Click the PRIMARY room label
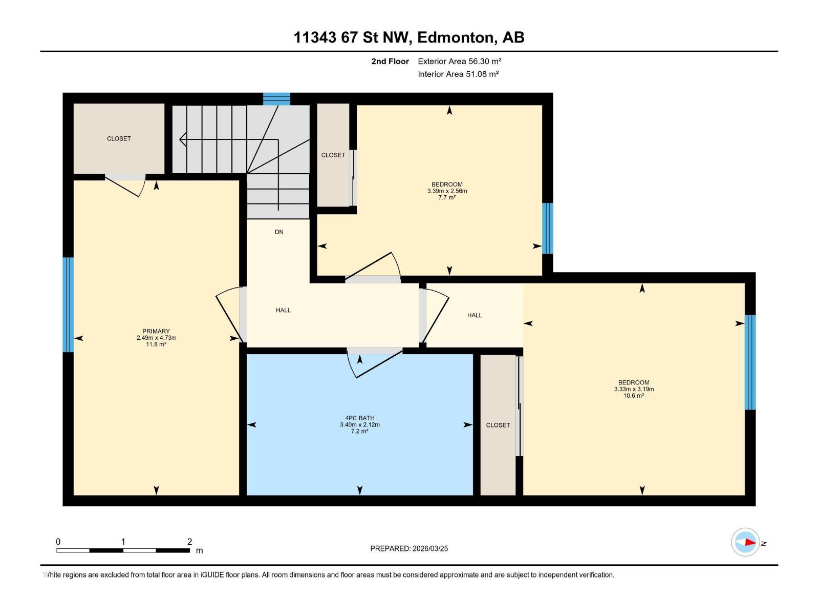pos(156,331)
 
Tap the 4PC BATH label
pos(360,418)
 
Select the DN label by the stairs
pos(279,232)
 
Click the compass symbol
pos(745,542)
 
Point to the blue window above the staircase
pos(276,99)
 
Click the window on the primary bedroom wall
pos(68,305)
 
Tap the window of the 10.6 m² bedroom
pos(750,362)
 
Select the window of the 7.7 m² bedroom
pos(547,229)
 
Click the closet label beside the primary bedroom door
pos(119,138)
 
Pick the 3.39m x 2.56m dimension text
pos(447,191)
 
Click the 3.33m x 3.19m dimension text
pos(634,389)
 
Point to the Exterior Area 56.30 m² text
pos(459,61)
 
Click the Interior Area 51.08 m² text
pos(458,74)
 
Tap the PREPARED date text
pos(409,548)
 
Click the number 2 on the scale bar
pos(189,541)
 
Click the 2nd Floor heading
pos(390,61)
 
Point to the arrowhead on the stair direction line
pos(183,139)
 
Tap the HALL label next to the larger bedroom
pos(475,316)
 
